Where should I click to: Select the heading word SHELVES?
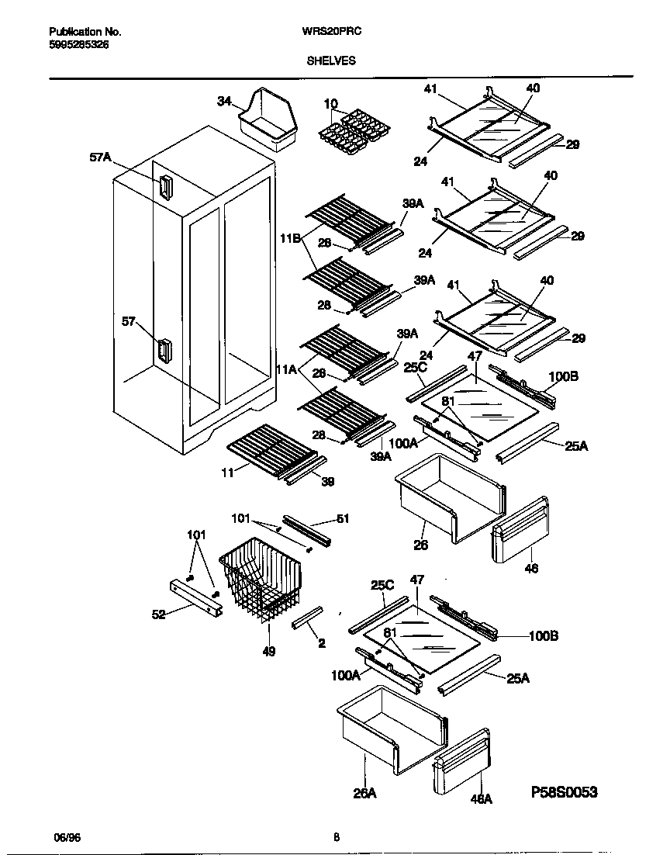(x=331, y=60)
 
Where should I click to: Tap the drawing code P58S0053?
(x=565, y=792)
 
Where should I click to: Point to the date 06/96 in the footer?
(x=66, y=837)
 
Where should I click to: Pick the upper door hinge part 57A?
(x=164, y=187)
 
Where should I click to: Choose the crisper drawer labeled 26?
(x=450, y=497)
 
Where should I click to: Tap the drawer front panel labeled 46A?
(x=462, y=760)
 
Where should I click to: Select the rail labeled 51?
(x=307, y=528)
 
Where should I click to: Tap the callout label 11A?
(x=287, y=371)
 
